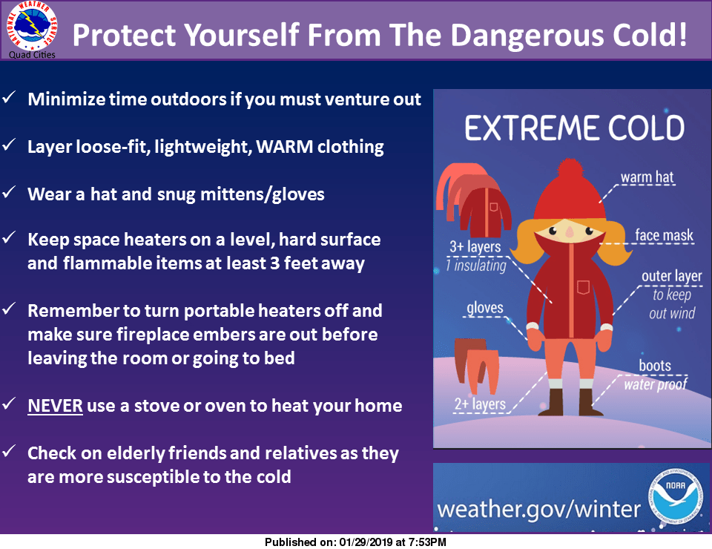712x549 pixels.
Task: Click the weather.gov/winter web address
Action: coord(538,510)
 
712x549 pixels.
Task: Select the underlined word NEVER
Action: coord(55,406)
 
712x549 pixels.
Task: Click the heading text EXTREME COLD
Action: coord(574,128)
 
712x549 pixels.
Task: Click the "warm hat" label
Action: coord(647,177)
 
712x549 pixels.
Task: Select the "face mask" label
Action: coord(664,237)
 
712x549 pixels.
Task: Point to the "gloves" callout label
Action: coord(485,308)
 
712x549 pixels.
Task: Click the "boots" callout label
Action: coord(655,366)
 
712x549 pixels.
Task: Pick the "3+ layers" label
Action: coord(475,247)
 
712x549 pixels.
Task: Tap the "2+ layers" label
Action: coord(479,404)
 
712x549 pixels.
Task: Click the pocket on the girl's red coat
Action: coord(583,287)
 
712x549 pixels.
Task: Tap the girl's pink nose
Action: coord(569,231)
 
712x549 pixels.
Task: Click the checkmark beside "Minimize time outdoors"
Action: coord(10,99)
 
